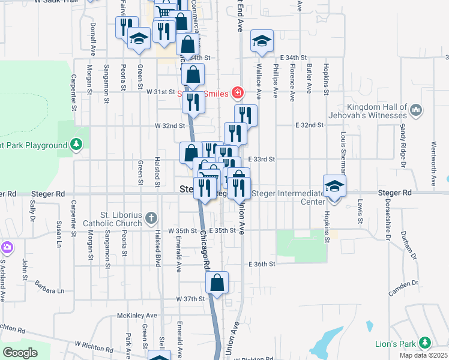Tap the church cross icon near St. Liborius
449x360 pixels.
pyautogui.click(x=152, y=217)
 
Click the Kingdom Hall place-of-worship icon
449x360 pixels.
pyautogui.click(x=417, y=109)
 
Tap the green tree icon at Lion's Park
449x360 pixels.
pyautogui.click(x=425, y=342)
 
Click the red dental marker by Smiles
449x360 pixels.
pyautogui.click(x=238, y=92)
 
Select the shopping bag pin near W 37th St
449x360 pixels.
pyautogui.click(x=217, y=282)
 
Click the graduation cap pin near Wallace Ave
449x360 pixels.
pyautogui.click(x=262, y=40)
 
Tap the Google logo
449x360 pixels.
pyautogui.click(x=20, y=353)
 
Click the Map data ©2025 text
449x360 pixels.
pyautogui.click(x=423, y=355)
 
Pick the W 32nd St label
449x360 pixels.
pyautogui.click(x=169, y=126)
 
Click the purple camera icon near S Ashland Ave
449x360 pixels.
pyautogui.click(x=7, y=247)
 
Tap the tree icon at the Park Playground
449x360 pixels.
pyautogui.click(x=76, y=144)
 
